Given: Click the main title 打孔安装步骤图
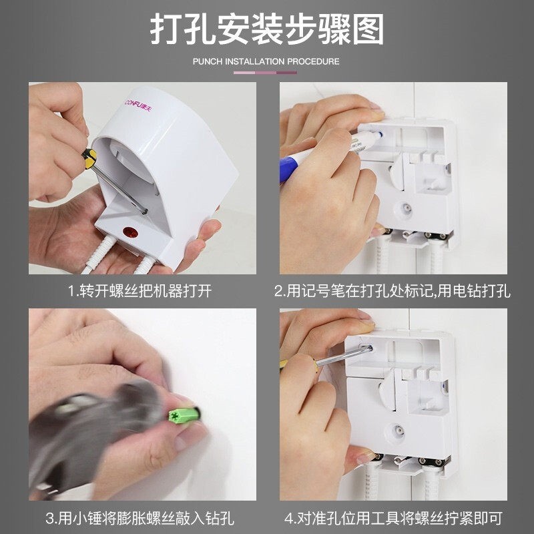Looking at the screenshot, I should [x=267, y=30].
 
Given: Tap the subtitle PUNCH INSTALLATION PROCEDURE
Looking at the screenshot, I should [x=266, y=61].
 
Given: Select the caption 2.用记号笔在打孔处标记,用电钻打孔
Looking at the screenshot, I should [x=392, y=292].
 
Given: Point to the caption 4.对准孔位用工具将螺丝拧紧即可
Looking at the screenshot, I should [x=392, y=518].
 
